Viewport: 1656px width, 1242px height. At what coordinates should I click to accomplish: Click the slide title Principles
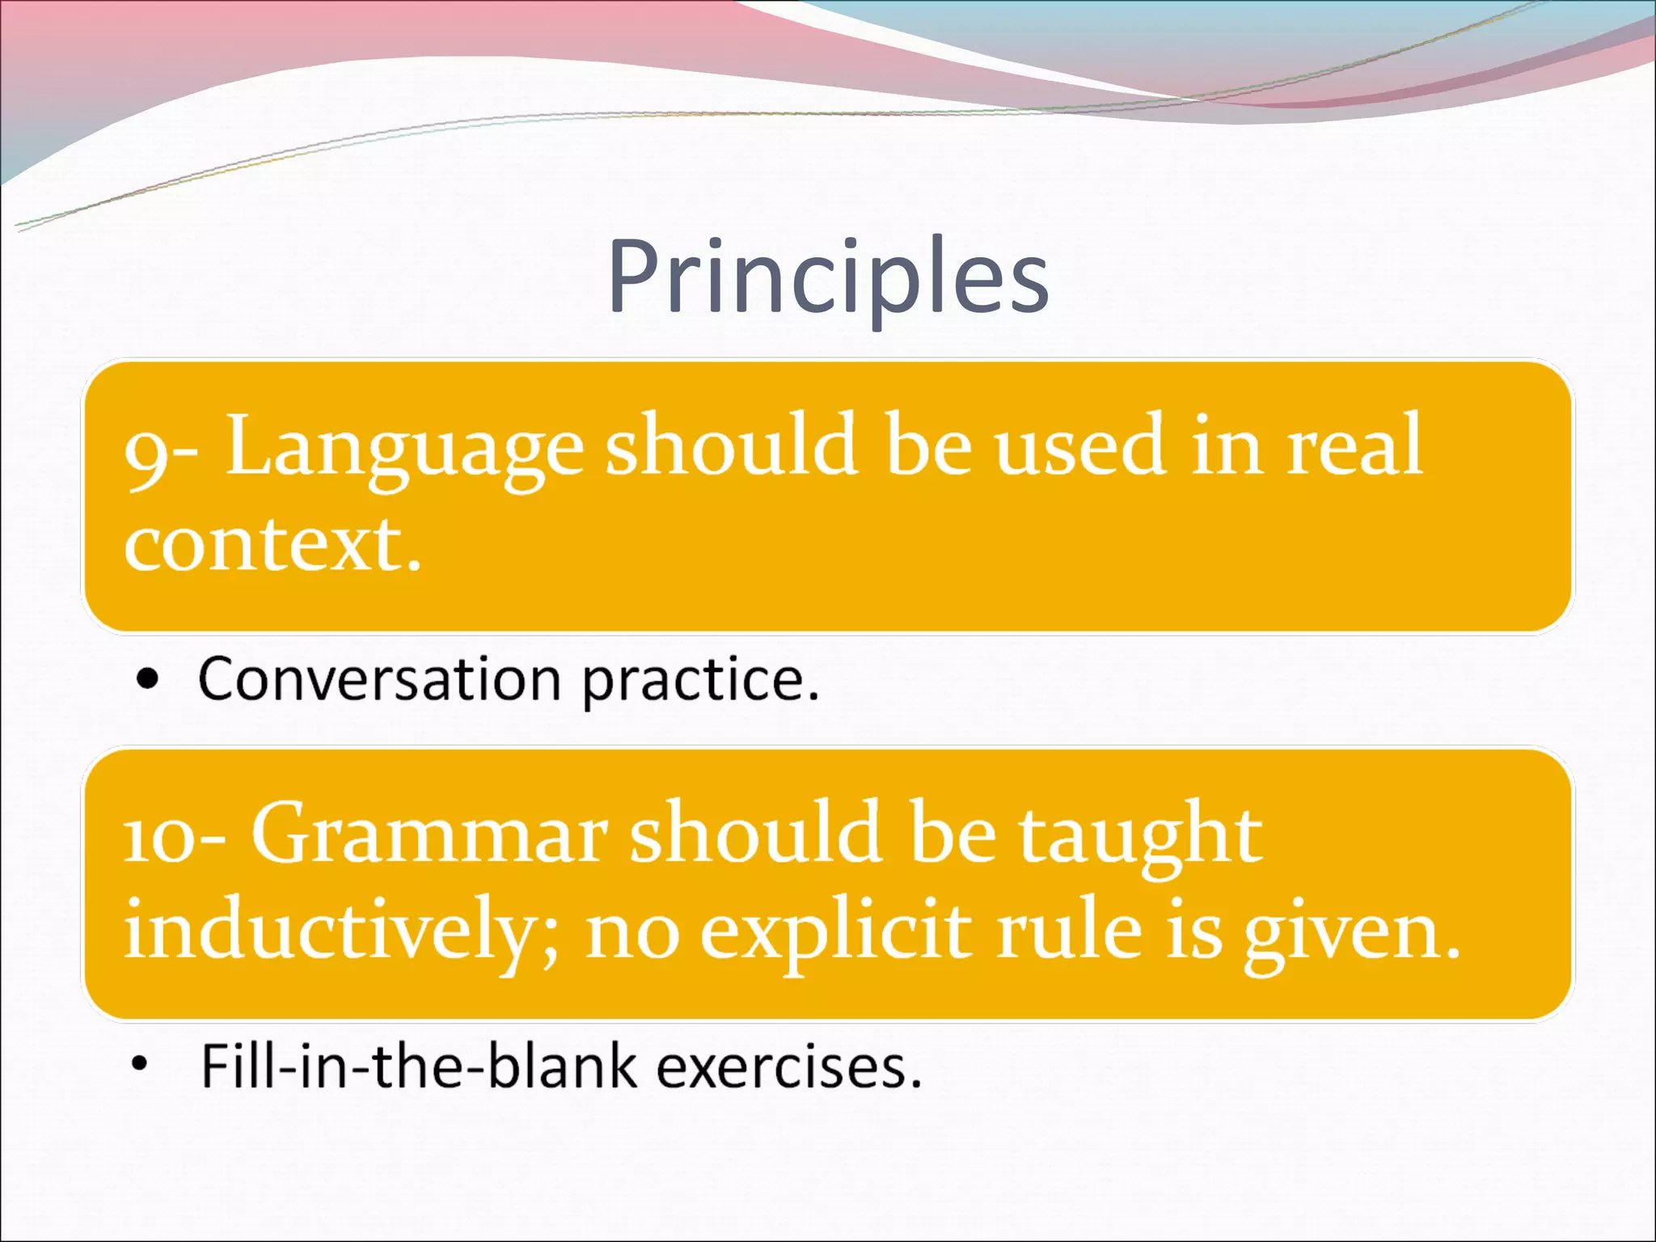828,277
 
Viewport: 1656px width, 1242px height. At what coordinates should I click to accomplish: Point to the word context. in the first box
273,545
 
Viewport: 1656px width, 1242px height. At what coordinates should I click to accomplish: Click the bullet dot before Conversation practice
148,680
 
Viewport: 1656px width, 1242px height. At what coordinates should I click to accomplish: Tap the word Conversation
379,679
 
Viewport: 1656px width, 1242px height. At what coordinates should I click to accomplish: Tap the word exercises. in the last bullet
788,1067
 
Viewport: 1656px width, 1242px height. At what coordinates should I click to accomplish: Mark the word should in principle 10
757,833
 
